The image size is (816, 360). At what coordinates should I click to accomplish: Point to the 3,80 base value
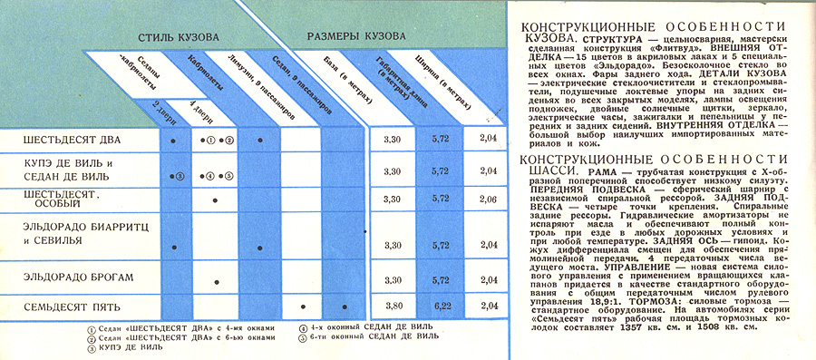point(392,306)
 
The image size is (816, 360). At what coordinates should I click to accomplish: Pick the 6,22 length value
point(441,306)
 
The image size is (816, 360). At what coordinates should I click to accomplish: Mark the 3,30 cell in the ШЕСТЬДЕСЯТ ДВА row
point(392,141)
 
